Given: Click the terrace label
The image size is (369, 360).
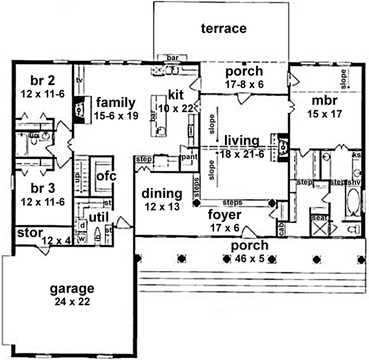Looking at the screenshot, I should click(x=224, y=28).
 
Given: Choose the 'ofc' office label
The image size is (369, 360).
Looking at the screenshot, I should click(x=106, y=176).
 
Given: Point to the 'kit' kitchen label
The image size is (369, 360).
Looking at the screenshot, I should click(x=176, y=95).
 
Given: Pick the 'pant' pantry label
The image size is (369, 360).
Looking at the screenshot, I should click(x=188, y=157).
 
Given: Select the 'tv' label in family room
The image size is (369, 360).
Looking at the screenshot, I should click(x=79, y=80).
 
